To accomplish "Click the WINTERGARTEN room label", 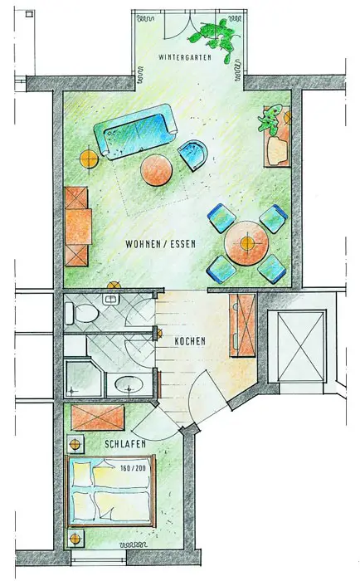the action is coord(185,57).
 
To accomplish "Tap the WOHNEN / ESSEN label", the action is coord(160,245).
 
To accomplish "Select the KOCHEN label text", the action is coord(190,341).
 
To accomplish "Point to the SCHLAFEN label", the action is coord(125,444).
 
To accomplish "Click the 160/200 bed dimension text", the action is coord(133,468).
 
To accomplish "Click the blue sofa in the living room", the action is coord(135,131).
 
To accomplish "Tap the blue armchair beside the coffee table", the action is coord(192,155).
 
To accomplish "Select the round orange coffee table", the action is coord(156,170).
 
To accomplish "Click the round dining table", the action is coord(246,243).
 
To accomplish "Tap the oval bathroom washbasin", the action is coord(129,384).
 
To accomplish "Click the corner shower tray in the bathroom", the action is coord(84,378).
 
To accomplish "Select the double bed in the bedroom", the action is coord(110,491).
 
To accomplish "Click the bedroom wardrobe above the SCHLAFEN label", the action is coord(97,417).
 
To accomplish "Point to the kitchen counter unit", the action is coord(242,325).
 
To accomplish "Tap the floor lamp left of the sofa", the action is coord(89,159).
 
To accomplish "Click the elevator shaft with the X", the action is coord(301,346).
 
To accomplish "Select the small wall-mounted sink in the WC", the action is coord(109,300).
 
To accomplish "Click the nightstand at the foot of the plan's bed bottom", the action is coord(75,538).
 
